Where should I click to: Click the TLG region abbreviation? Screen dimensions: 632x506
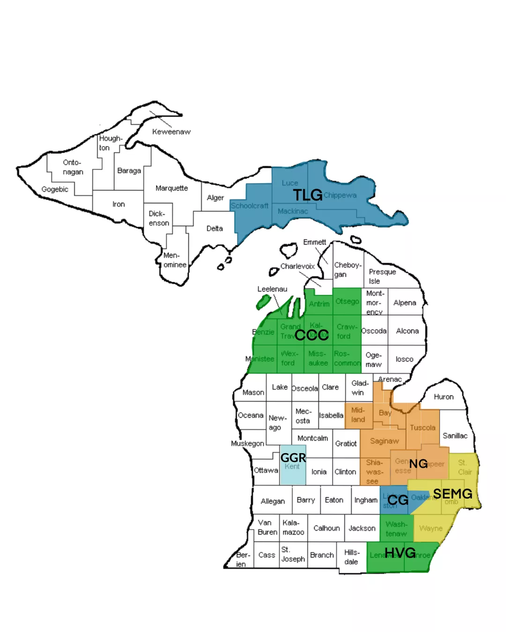[308, 195]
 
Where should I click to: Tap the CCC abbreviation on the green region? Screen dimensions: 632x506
[312, 335]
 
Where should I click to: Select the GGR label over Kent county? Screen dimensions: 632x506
[293, 457]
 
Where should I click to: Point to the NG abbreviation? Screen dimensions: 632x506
[418, 463]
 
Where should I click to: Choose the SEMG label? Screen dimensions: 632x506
[453, 493]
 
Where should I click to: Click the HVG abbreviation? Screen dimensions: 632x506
[400, 553]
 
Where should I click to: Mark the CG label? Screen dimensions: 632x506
[398, 500]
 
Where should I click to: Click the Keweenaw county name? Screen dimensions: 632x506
[171, 132]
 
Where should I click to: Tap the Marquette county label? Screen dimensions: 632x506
[171, 188]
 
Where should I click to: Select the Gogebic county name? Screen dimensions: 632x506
[55, 189]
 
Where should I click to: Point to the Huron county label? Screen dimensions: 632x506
[443, 397]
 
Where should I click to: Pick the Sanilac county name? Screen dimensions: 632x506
[455, 435]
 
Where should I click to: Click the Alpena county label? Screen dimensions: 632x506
[405, 302]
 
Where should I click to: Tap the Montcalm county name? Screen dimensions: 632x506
[313, 438]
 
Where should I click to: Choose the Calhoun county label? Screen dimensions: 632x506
[327, 528]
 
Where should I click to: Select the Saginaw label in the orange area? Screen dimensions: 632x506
[384, 441]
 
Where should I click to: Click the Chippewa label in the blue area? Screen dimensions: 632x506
[340, 195]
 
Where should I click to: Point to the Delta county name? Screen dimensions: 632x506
[215, 228]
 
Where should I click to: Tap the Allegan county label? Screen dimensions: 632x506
[273, 501]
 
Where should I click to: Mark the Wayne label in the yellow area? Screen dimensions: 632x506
[431, 528]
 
